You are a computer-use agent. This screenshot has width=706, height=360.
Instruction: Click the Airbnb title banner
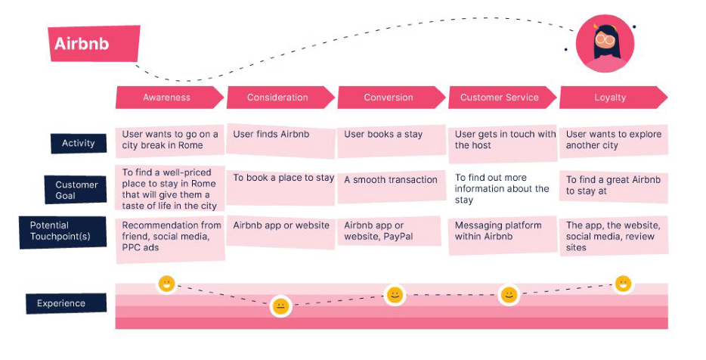coord(94,43)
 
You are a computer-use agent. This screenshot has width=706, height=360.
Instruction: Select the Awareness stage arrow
coord(169,98)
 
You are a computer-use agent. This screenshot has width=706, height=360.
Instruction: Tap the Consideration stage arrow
coord(280,98)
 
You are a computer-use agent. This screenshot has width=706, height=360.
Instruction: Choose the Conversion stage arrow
coord(392,98)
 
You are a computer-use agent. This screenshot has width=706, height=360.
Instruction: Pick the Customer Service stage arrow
coord(502,98)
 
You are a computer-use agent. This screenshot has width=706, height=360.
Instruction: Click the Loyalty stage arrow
coord(613,98)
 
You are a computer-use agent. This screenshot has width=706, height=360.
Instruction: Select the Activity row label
coord(79,143)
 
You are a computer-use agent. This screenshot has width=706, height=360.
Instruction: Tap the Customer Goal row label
coord(76,190)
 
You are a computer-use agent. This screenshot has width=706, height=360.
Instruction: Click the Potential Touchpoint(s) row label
coord(63,231)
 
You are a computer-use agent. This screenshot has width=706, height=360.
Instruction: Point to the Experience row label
coord(67,303)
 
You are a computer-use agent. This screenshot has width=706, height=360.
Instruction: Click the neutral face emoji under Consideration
coord(280,307)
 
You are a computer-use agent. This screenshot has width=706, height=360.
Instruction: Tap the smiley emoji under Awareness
coord(166,284)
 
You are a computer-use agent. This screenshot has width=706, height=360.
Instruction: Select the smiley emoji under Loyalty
coord(623,284)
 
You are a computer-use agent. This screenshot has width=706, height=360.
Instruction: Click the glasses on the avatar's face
coord(605,39)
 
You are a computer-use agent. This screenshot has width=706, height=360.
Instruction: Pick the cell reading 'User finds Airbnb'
coord(280,141)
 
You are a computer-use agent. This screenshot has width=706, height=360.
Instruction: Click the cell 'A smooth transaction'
coord(392,185)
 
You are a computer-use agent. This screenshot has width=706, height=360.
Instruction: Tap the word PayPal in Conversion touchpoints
coord(396,237)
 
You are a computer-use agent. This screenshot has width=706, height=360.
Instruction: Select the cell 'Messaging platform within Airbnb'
coord(503,234)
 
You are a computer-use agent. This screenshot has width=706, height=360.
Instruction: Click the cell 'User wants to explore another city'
coord(614,141)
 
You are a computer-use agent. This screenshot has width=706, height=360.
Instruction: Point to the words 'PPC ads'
coord(141,247)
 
